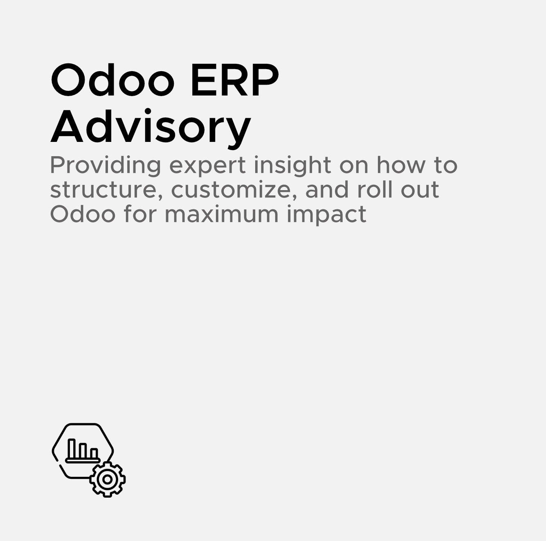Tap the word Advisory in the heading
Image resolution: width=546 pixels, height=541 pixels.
point(151,127)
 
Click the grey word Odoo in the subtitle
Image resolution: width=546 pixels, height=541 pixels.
point(83,214)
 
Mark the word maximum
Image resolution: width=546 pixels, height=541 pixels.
point(221,214)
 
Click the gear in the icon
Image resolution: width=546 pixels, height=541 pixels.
point(108,479)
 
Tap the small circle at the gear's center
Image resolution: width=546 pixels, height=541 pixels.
point(108,479)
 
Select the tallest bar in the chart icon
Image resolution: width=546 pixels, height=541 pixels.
point(72,449)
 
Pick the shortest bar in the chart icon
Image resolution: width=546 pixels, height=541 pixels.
point(94,453)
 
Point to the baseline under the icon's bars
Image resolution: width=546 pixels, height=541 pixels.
point(83,461)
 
